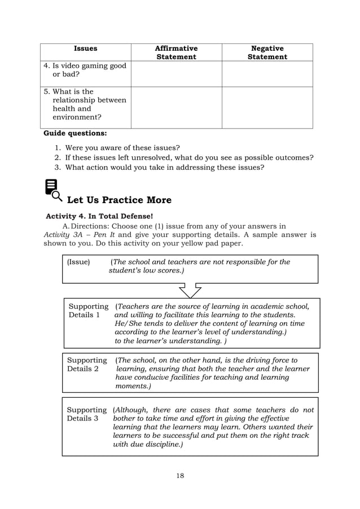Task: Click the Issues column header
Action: pos(86,49)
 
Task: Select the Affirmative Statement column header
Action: pos(176,52)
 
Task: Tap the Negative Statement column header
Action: pos(267,52)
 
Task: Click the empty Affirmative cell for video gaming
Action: pos(176,74)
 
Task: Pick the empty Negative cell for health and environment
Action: pos(267,107)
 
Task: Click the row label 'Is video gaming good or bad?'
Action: pos(85,69)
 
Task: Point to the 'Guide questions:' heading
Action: pos(75,134)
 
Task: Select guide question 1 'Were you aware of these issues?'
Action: pos(122,148)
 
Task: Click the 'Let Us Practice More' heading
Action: pos(119,200)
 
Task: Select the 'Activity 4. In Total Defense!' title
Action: pos(99,216)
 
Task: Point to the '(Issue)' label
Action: pos(78,262)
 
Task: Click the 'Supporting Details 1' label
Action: pos(88,310)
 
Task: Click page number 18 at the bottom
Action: pos(180,475)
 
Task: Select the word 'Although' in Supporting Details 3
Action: pos(132,410)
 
